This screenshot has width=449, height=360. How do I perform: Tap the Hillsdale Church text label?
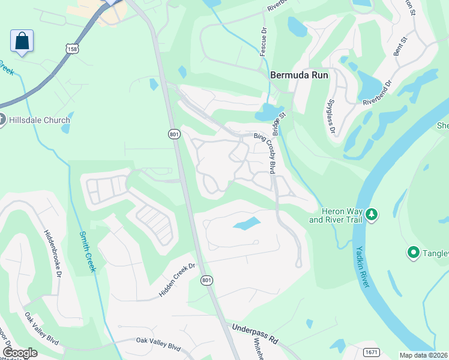40,120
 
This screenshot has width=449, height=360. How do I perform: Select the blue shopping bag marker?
22,41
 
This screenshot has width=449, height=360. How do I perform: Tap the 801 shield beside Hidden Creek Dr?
206,280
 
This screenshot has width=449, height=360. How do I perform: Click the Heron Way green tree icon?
372,214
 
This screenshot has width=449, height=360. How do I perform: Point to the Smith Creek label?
87,251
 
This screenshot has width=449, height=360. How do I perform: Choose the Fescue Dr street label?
263,42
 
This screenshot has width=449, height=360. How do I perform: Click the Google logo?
20,352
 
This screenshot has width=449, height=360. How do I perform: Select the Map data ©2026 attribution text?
423,355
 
